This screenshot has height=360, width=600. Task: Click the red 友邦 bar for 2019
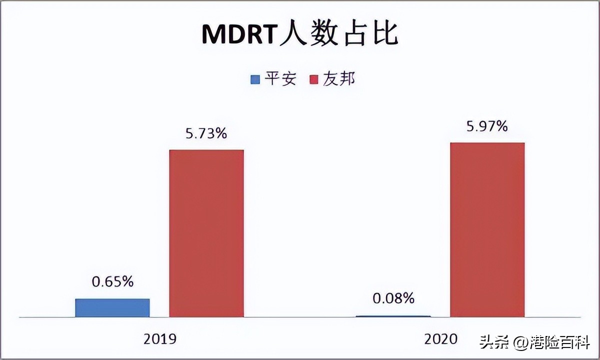(206, 233)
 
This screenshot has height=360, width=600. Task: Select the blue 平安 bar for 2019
(112, 307)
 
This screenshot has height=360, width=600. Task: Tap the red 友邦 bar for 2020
(487, 229)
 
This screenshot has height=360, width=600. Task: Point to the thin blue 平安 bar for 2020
(393, 316)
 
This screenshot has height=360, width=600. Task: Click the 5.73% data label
(206, 133)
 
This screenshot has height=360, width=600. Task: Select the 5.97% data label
(487, 126)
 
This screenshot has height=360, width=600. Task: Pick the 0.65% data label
(112, 282)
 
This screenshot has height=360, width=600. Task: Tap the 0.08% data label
(393, 299)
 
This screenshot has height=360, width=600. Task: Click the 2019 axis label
(160, 339)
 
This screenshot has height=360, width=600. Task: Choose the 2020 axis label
(441, 339)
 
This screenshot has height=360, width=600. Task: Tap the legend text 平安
(280, 79)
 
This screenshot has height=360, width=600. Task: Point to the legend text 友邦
(339, 79)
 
